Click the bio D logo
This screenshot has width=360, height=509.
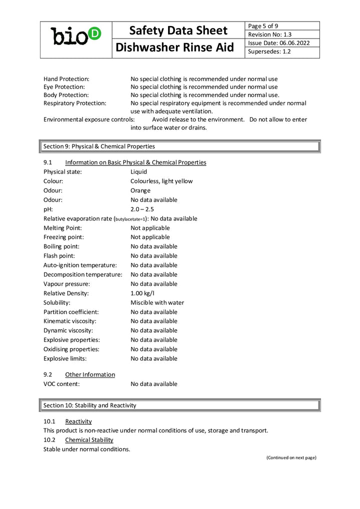coord(76,35)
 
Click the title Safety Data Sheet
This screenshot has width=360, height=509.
coord(178,30)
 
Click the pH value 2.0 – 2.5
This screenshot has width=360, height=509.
coord(142,209)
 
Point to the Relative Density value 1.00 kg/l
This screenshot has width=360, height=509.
coord(142,293)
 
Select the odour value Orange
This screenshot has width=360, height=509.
coord(140,190)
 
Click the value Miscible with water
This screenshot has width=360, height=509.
coord(157,302)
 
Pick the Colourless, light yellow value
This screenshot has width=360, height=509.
coord(161,181)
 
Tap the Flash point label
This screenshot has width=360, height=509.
coord(59,255)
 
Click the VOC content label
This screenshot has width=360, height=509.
coord(61,384)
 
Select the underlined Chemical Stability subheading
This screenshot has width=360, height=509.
coord(89,440)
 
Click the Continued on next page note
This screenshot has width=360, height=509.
coord(291,457)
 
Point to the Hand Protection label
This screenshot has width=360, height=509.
coord(66,79)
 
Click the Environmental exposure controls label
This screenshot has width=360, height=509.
coord(89,119)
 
